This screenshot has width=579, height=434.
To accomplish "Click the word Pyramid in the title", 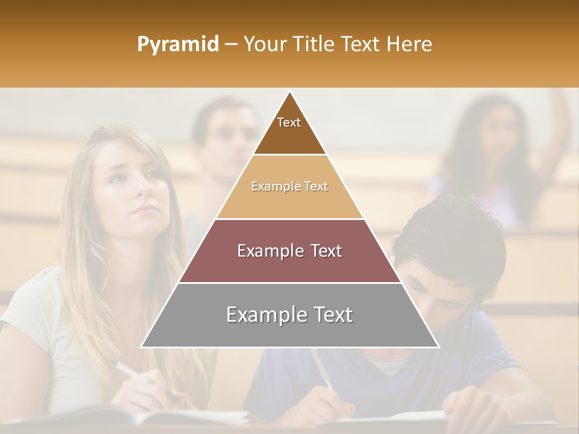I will pos(177,45).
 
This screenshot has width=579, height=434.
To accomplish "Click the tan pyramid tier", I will pos(289,187).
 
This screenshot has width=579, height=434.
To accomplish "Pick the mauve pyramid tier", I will pos(289,251).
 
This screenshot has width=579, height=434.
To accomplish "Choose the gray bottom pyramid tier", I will pos(289,315).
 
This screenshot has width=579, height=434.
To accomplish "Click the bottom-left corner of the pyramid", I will pos(142,347).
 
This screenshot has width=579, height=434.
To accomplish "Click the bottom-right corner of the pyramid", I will pos(437,347).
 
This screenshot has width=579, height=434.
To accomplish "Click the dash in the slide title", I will pos(231,45).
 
